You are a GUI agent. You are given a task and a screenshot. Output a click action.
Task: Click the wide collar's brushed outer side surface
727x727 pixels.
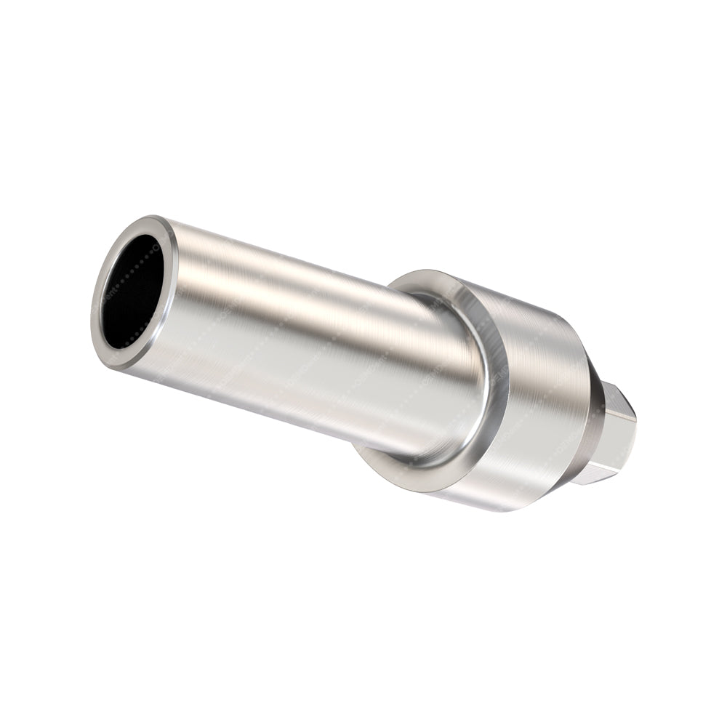pyautogui.click(x=538, y=407)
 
